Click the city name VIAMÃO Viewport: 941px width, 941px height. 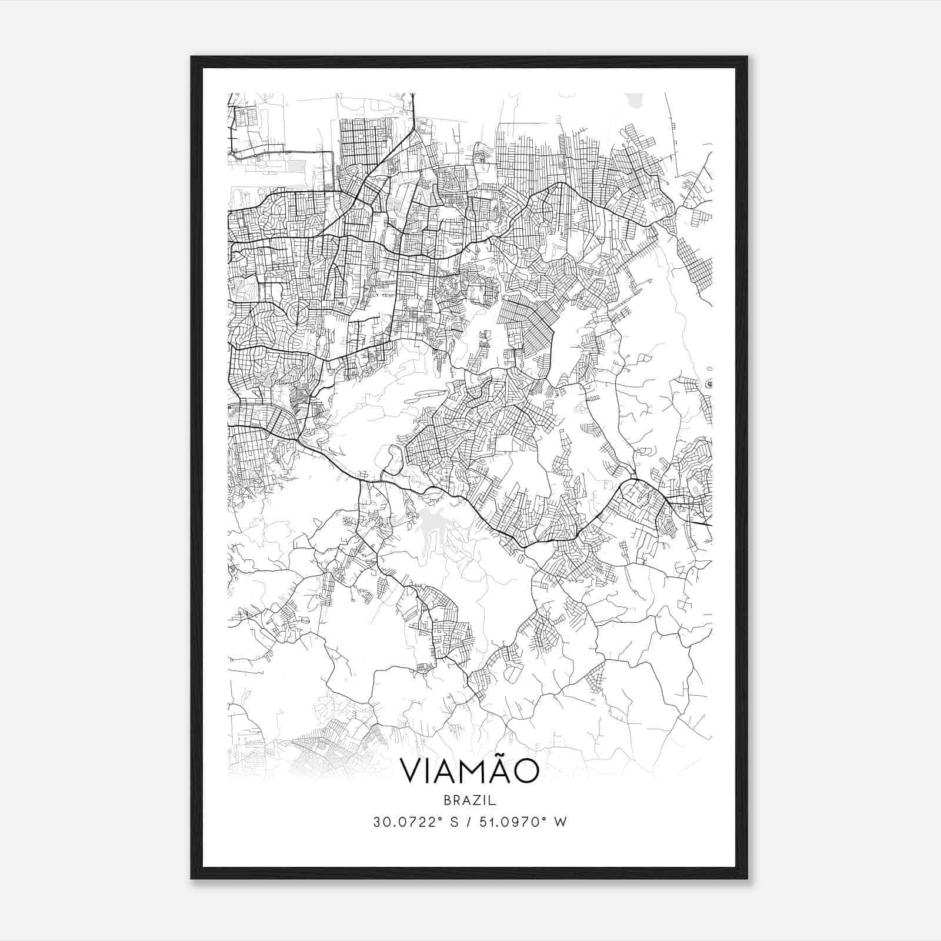click(x=469, y=772)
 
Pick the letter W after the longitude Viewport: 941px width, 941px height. click(x=560, y=822)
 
